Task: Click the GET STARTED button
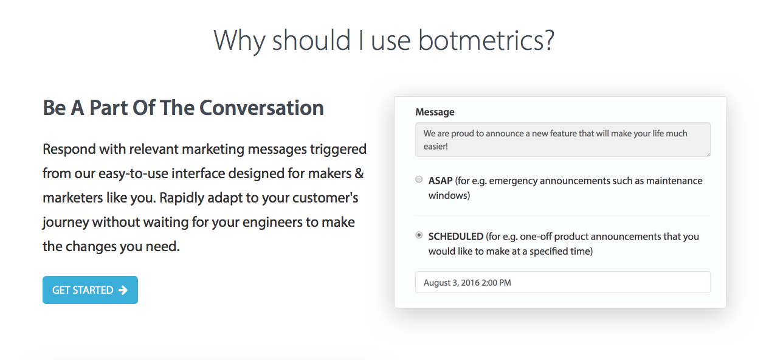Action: coord(90,290)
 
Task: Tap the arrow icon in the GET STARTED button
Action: coord(123,290)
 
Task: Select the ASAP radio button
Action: coord(419,179)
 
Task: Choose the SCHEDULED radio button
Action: coord(419,235)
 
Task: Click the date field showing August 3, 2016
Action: coord(562,283)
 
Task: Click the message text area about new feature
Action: coord(562,140)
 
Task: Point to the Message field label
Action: coord(435,112)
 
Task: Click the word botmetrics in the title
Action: coord(486,40)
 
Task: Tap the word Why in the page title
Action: coord(240,40)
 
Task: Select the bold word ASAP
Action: coord(440,181)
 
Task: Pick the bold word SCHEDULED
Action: coord(456,237)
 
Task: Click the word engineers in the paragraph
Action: coord(272,222)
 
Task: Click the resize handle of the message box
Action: coord(708,154)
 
